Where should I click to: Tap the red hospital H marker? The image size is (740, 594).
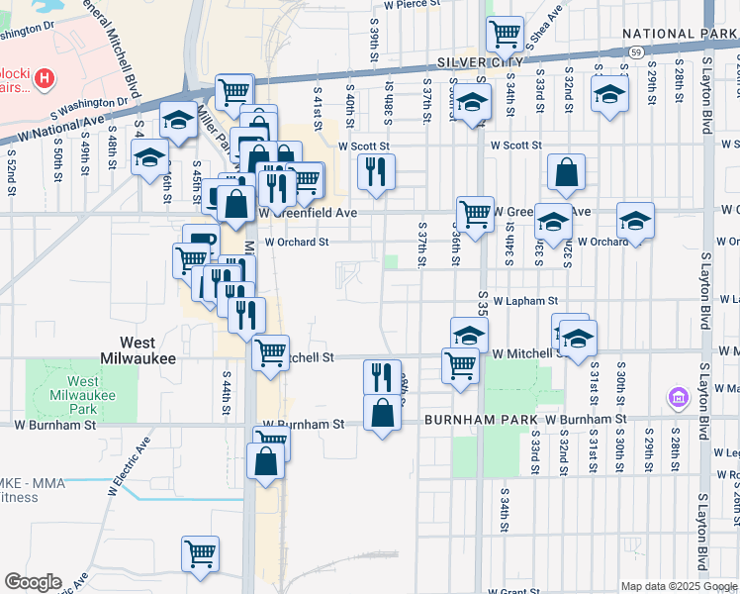[x=44, y=75]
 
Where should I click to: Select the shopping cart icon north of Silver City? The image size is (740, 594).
[x=505, y=35]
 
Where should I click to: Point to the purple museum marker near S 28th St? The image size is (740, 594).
[x=679, y=398]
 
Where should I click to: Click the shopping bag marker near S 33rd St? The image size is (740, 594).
[x=565, y=172]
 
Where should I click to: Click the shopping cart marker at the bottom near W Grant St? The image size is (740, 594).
[x=200, y=552]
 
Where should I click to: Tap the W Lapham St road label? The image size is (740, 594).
[x=525, y=300]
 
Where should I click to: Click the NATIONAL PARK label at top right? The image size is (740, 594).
[x=680, y=34]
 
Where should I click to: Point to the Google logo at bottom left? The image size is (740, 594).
[x=33, y=582]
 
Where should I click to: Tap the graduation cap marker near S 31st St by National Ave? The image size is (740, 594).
[x=609, y=95]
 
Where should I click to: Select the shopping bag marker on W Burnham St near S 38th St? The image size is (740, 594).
[x=382, y=411]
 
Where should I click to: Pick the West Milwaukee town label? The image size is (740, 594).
[x=139, y=349]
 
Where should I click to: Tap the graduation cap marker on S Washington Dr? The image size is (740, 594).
[x=177, y=121]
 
